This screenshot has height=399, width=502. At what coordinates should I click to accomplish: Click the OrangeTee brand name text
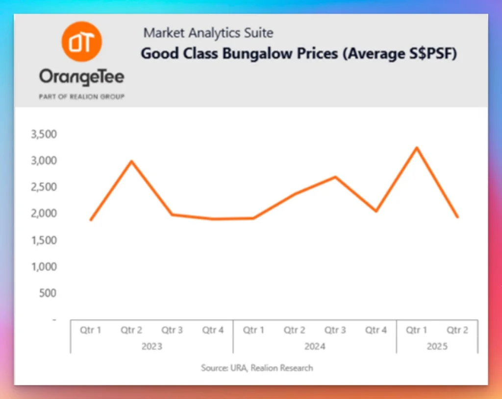pyautogui.click(x=81, y=77)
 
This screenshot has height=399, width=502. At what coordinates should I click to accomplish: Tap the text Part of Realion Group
pyautogui.click(x=81, y=96)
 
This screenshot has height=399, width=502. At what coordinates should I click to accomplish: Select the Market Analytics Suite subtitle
pyautogui.click(x=208, y=33)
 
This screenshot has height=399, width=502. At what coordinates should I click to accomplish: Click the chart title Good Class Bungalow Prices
pyautogui.click(x=299, y=53)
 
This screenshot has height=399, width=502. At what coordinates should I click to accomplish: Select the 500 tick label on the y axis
pyautogui.click(x=48, y=293)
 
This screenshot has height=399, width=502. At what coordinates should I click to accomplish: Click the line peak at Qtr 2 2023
pyautogui.click(x=131, y=161)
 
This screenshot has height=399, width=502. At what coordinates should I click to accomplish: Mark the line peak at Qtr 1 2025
pyautogui.click(x=417, y=147)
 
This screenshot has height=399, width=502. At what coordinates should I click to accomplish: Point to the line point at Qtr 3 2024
pyautogui.click(x=335, y=177)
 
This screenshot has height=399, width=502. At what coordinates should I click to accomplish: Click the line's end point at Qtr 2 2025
pyautogui.click(x=457, y=217)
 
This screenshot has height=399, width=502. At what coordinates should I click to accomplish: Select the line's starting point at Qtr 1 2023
pyautogui.click(x=91, y=220)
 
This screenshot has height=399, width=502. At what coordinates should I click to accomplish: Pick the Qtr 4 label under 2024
pyautogui.click(x=376, y=330)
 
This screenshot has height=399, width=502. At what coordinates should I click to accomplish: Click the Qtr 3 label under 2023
pyautogui.click(x=172, y=330)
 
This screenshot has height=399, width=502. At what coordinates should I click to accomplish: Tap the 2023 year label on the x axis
pyautogui.click(x=152, y=347)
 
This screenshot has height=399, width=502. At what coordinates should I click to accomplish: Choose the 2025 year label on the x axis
pyautogui.click(x=437, y=347)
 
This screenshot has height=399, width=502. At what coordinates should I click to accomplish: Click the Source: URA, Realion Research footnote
pyautogui.click(x=256, y=368)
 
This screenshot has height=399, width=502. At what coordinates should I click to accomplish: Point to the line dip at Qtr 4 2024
pyautogui.click(x=376, y=211)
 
